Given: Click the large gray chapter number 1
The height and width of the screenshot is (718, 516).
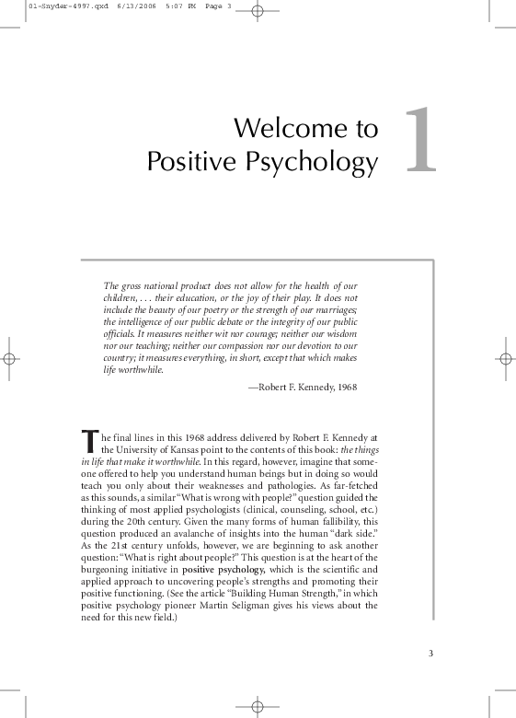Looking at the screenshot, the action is [419, 141].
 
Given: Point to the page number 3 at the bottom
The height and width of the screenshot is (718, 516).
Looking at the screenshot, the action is [430, 654].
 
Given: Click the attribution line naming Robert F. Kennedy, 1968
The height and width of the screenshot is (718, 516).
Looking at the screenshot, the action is [303, 388].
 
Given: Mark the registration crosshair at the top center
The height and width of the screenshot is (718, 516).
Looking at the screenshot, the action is [258, 13].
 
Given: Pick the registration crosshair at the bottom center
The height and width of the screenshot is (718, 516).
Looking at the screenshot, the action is [258, 705].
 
